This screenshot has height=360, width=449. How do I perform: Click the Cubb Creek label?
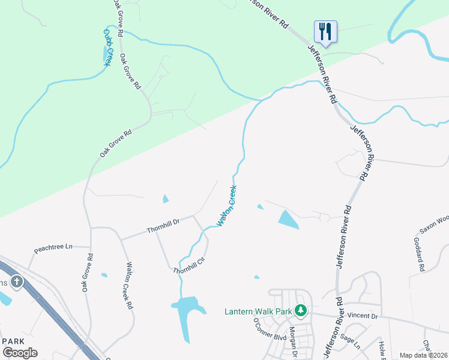[x=107, y=47]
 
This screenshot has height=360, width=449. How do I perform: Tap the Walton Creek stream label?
[x=228, y=206]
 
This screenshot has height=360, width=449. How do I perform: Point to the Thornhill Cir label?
[x=189, y=265]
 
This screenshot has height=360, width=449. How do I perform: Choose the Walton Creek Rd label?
[x=129, y=285]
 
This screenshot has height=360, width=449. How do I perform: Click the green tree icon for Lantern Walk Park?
[x=301, y=311]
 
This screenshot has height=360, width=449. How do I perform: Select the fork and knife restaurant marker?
[x=325, y=31]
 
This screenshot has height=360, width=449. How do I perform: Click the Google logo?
[x=20, y=353]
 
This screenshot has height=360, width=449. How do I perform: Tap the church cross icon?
[x=16, y=281]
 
